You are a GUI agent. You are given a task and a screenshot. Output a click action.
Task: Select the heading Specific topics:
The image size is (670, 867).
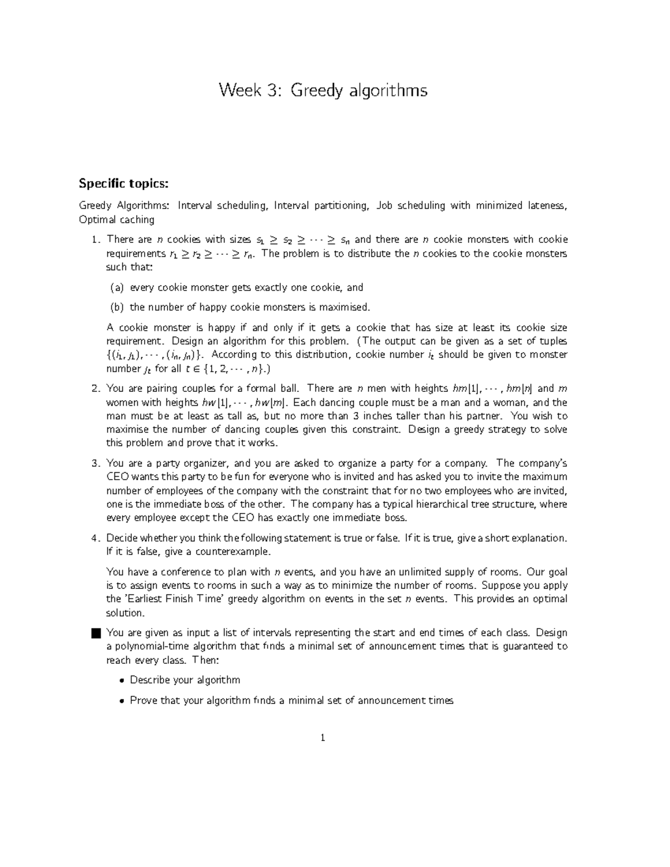coord(123,184)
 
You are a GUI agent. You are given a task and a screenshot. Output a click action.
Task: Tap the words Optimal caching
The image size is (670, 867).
coord(117,219)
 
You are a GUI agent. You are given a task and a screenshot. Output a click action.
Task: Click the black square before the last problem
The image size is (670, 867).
coord(95,633)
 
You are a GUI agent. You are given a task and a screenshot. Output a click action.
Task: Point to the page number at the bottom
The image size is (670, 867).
coord(323,738)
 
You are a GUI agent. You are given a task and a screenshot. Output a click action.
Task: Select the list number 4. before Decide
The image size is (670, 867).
coord(96,538)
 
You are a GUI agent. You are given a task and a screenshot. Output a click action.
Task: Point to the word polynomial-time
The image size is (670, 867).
coord(144,646)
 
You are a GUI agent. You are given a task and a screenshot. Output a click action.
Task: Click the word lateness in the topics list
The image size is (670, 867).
coord(548,205)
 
